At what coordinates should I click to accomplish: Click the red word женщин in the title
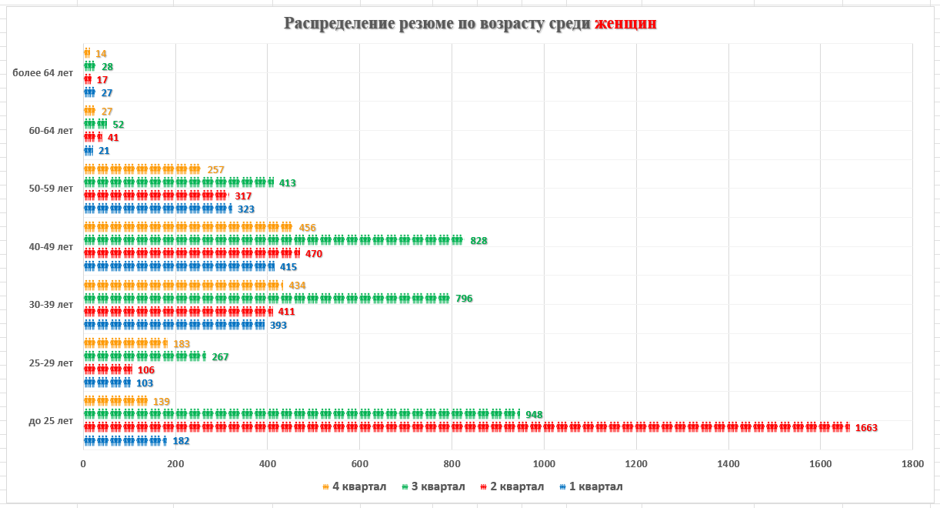(625, 23)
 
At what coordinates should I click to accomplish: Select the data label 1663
(866, 428)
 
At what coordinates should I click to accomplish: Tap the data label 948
(534, 415)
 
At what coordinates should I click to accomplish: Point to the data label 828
(478, 241)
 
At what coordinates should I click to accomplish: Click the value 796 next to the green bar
(464, 299)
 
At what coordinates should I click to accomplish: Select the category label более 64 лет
(43, 73)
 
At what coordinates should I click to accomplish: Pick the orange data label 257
(215, 170)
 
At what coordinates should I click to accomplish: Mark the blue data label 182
(181, 441)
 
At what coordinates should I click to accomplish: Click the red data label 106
(146, 370)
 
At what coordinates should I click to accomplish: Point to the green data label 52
(118, 125)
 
